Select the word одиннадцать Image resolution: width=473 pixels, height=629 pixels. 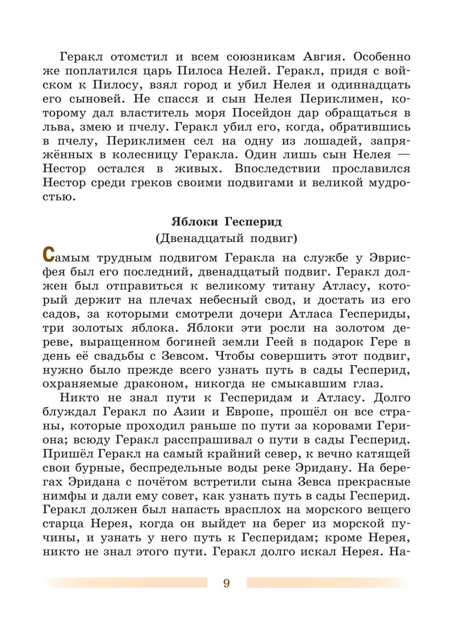(x=371, y=85)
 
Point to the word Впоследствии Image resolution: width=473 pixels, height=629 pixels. (x=277, y=169)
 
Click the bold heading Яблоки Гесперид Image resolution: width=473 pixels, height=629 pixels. (x=227, y=221)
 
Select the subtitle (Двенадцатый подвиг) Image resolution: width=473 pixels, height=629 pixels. (x=227, y=238)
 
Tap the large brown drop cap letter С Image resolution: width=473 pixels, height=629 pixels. (x=48, y=255)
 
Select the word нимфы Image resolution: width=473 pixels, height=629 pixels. (x=61, y=496)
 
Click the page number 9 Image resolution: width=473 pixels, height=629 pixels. (x=226, y=583)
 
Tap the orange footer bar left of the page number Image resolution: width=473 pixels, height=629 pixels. (x=126, y=583)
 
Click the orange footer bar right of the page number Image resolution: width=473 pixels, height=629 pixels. (x=327, y=583)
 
